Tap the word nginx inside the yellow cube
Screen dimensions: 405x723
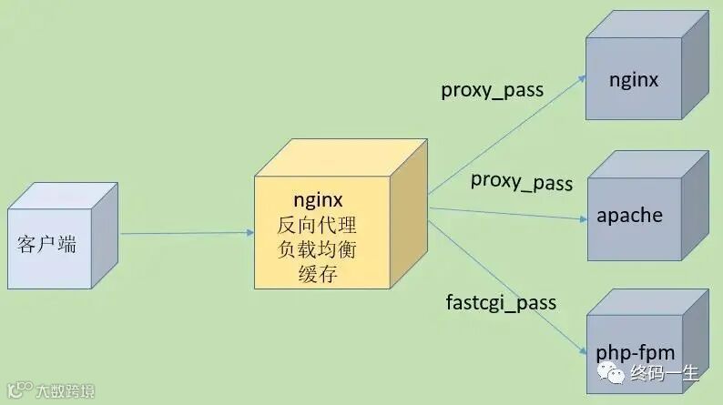[318, 199]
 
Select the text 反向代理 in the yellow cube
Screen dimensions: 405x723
[317, 224]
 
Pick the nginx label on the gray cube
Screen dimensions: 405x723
[633, 80]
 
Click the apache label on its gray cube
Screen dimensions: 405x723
[630, 216]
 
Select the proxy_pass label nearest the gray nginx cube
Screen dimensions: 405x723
[492, 90]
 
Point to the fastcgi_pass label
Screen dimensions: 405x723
[501, 302]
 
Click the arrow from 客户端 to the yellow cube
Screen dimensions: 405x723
[187, 233]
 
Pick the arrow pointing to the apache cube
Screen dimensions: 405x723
[510, 214]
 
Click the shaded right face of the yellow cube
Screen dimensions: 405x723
[409, 218]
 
